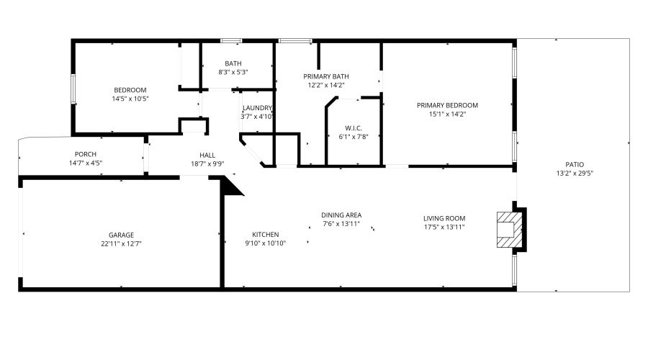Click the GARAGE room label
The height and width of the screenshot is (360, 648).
tap(121, 235)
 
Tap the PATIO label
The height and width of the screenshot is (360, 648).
tap(575, 164)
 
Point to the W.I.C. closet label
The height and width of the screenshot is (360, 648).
tap(354, 128)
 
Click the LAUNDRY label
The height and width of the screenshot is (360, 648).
tap(257, 108)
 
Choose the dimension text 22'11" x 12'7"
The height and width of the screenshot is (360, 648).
tap(121, 244)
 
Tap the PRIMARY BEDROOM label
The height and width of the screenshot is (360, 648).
tap(447, 105)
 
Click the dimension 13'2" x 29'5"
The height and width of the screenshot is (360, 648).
tap(575, 174)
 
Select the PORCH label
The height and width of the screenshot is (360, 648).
tap(86, 154)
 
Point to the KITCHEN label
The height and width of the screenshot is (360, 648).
tap(265, 234)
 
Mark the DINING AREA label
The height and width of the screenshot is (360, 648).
tap(341, 215)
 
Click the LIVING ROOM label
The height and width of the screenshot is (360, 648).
tap(444, 218)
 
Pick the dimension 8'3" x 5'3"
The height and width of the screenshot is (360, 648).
tap(233, 72)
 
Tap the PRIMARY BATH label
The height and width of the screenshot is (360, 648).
tap(326, 76)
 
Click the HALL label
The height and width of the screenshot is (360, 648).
tap(207, 155)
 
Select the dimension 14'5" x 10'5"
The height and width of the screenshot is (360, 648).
tap(130, 99)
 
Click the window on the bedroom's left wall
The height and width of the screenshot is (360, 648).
tap(73, 89)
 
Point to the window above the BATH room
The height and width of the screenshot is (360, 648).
tap(231, 40)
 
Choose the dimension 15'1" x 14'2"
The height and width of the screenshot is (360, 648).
tap(447, 114)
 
